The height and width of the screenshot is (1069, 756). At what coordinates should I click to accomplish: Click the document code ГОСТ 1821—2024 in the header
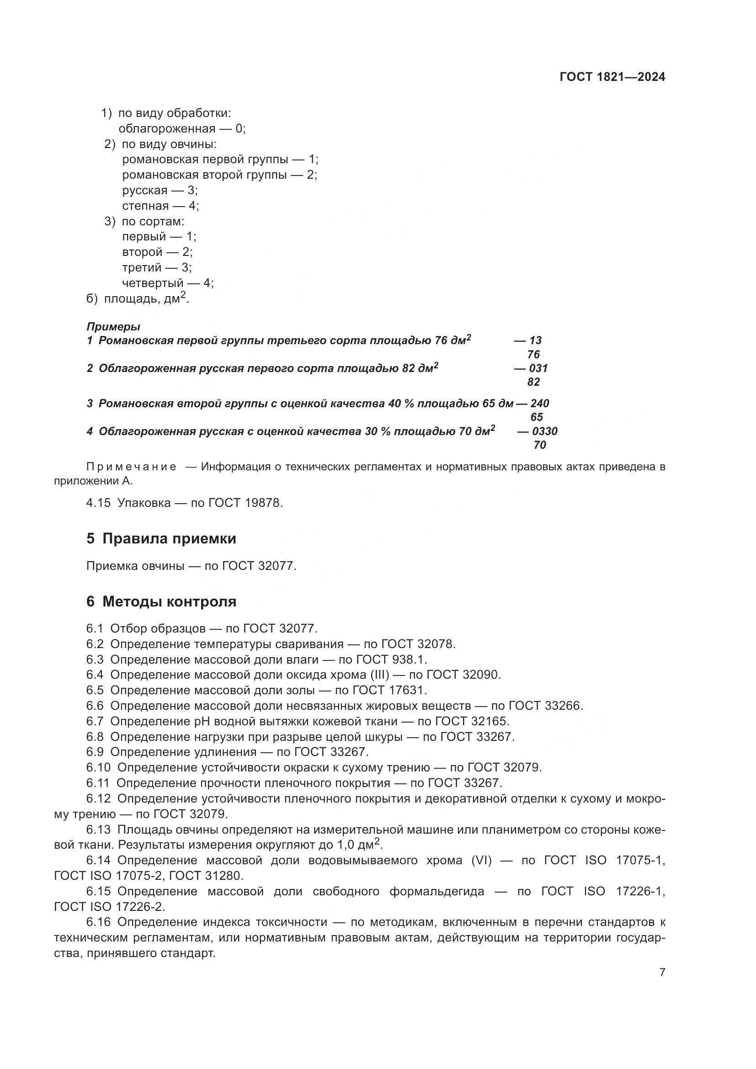(612, 77)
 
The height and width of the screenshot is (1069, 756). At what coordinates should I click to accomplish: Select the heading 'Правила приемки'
(169, 539)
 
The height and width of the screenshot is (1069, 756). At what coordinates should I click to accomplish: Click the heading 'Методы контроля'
(169, 601)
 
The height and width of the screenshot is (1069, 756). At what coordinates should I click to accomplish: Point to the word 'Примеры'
(113, 326)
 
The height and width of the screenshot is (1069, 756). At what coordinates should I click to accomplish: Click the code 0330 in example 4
(545, 431)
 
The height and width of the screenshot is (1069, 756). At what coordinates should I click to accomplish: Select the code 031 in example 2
(538, 368)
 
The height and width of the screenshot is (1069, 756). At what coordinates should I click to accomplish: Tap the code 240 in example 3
(539, 403)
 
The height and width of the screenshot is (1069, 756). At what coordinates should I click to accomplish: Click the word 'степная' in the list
(145, 206)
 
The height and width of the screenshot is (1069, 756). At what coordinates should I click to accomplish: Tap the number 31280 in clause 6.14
(223, 876)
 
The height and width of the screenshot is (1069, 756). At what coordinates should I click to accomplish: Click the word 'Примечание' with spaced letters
(132, 467)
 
